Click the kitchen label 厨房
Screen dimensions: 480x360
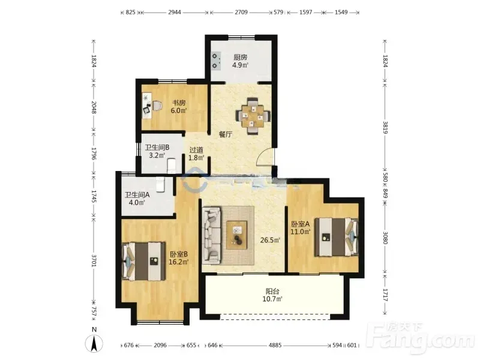pos(241,57)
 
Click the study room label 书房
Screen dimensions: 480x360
pos(179,103)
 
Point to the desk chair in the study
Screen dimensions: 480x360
pos(157,106)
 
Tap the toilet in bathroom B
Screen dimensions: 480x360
pos(172,166)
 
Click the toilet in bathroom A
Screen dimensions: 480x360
pos(160,185)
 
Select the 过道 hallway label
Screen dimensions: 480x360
pos(196,150)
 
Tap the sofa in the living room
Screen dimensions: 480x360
pos(212,235)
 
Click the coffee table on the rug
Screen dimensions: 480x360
pos(237,235)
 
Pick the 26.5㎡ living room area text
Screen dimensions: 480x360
pos(271,241)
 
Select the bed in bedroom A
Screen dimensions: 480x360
pos(337,236)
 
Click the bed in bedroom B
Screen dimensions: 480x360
pos(143,261)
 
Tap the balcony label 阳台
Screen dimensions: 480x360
pos(272,291)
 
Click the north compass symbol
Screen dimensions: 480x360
pos(94,343)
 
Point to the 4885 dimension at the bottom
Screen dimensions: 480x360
pos(275,346)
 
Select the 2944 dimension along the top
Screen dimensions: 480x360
pos(175,12)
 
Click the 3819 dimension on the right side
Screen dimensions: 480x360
pos(385,127)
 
